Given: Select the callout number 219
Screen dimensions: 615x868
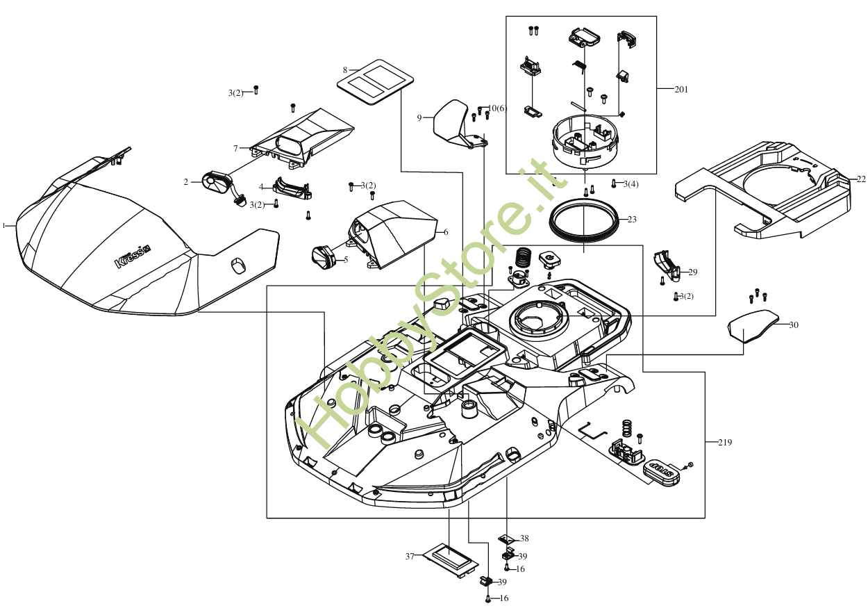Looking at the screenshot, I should [724, 442].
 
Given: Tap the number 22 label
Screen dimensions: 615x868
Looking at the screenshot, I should [861, 179].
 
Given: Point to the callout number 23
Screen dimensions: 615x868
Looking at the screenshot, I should [631, 220].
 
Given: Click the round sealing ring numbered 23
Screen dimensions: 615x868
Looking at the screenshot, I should [583, 220].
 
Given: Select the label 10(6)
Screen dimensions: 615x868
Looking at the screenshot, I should [498, 108].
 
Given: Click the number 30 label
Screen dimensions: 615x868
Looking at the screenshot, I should [794, 325].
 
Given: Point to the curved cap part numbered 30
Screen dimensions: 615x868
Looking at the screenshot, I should [753, 327].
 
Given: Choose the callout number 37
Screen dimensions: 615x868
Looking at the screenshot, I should [410, 557].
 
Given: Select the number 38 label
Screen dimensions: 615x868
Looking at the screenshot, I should [524, 539].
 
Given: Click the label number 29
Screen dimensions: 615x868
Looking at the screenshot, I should [692, 272].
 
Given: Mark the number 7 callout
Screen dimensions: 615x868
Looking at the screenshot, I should [235, 148].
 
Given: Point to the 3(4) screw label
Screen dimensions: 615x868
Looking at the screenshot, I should [631, 183].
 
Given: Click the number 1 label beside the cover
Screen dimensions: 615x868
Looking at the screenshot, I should [4, 226].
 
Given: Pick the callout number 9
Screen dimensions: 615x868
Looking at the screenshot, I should [419, 118].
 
